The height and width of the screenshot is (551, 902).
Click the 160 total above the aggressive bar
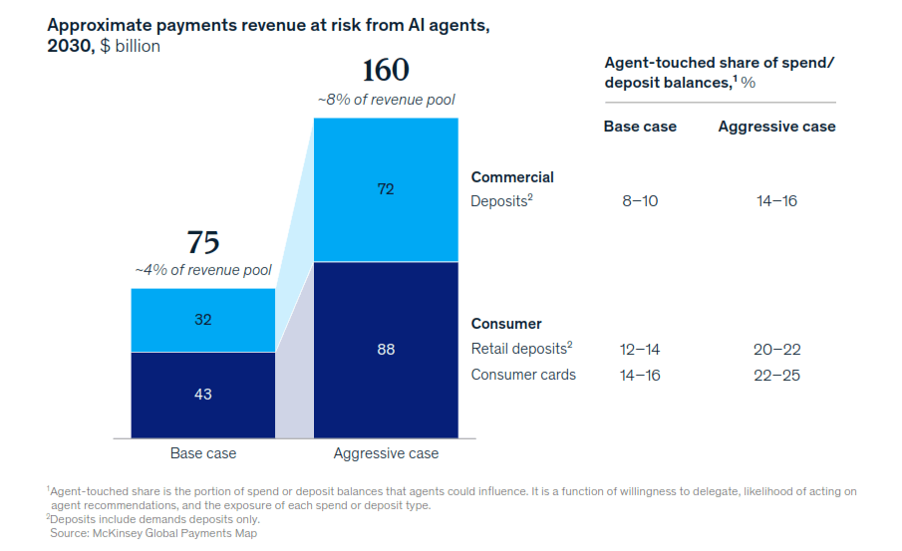386,70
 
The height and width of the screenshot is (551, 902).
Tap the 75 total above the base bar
203,242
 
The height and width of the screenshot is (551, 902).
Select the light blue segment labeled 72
386,189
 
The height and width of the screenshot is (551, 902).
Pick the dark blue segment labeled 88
386,350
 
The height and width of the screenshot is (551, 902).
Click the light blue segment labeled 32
203,320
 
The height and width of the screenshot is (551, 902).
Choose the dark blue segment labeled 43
203,396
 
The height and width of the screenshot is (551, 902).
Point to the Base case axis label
203,453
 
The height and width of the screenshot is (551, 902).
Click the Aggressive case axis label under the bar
386,453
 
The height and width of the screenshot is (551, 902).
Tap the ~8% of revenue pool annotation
386,100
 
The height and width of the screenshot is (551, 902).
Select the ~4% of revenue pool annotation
203,270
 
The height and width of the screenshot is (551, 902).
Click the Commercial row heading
512,177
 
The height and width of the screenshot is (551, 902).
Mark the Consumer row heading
506,324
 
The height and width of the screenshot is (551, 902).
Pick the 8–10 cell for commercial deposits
640,200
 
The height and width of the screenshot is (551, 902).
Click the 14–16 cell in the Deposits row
776,200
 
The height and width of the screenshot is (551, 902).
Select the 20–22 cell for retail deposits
776,349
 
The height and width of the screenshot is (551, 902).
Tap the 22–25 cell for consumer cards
776,375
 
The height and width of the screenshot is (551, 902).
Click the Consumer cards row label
523,375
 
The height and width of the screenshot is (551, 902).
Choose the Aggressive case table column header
776,127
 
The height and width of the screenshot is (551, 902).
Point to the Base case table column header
640,127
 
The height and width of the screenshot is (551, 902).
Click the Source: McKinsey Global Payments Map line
153,533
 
